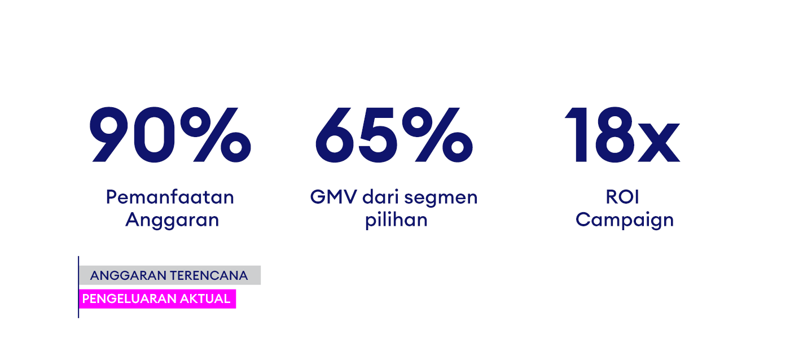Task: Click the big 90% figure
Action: (x=170, y=135)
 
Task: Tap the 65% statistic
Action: (x=394, y=135)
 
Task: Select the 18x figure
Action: (x=622, y=135)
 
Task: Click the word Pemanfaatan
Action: (x=170, y=197)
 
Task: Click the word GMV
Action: (x=333, y=197)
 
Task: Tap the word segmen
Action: (x=441, y=198)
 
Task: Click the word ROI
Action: (x=622, y=197)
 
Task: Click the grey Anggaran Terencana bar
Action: (x=170, y=275)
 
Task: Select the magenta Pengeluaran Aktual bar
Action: (x=157, y=299)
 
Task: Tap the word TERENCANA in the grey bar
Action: (x=209, y=275)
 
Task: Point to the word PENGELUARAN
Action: (x=129, y=299)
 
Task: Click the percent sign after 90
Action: (x=216, y=135)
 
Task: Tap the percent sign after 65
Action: (x=437, y=135)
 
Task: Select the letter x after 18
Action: (x=659, y=142)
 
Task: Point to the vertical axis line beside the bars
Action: (x=78, y=287)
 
